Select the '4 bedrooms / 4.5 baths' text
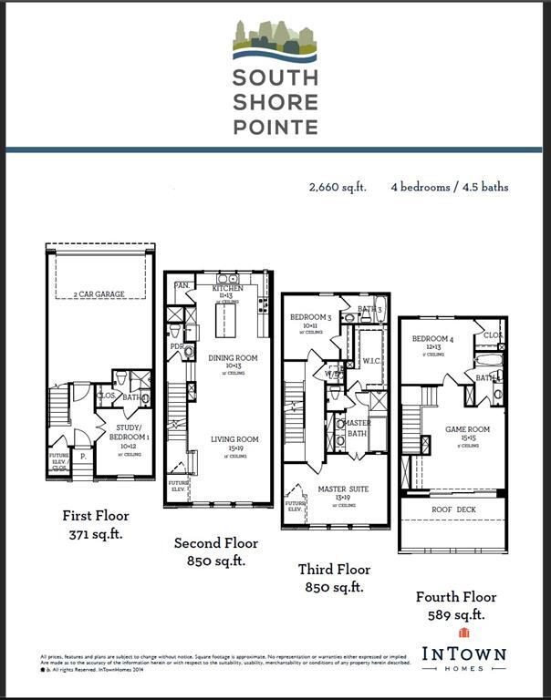pyautogui.click(x=450, y=187)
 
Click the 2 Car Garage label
pyautogui.click(x=99, y=294)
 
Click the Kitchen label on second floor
pyautogui.click(x=227, y=289)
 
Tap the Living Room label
pyautogui.click(x=234, y=439)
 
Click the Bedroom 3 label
pyautogui.click(x=308, y=317)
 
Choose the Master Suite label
pyautogui.click(x=343, y=489)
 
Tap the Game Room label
pyautogui.click(x=467, y=429)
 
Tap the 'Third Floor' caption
pyautogui.click(x=334, y=570)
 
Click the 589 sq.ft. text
pyautogui.click(x=455, y=615)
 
